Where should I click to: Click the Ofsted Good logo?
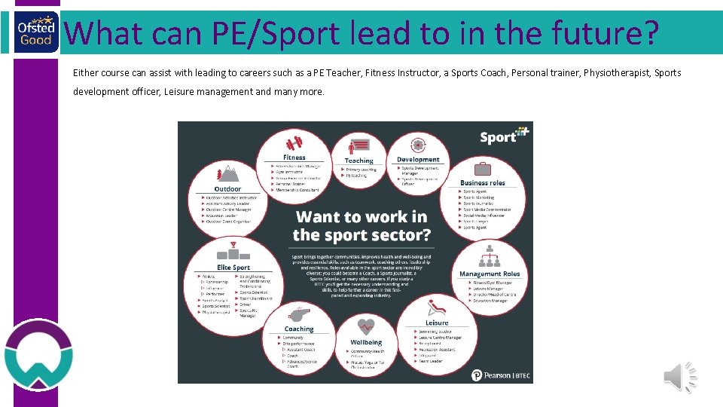point(35,32)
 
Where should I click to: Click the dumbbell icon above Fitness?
point(294,142)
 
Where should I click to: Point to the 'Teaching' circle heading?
point(359,161)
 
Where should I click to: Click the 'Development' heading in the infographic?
point(418,160)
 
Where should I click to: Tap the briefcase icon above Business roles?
point(482,169)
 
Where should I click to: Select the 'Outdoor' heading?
point(227,189)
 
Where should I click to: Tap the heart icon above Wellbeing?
point(366,326)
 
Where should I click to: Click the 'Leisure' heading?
point(437,323)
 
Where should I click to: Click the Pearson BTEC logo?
point(500,375)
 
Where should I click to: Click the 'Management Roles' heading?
point(490,274)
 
